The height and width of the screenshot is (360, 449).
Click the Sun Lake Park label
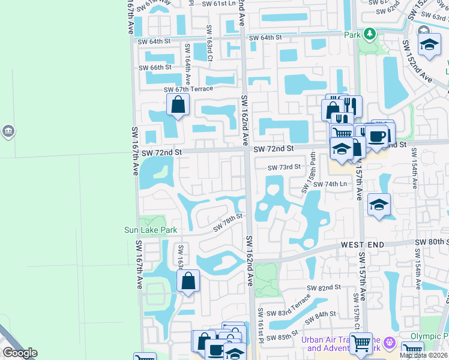151,230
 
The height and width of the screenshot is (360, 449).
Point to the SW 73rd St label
283,167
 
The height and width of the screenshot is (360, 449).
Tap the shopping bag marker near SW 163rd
188,280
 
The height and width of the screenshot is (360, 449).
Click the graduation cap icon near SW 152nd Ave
429,44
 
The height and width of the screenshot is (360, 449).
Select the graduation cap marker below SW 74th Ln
379,205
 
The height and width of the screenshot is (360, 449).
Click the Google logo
20,353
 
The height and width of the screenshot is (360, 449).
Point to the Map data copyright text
423,355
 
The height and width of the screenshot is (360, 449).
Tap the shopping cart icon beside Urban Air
361,343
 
